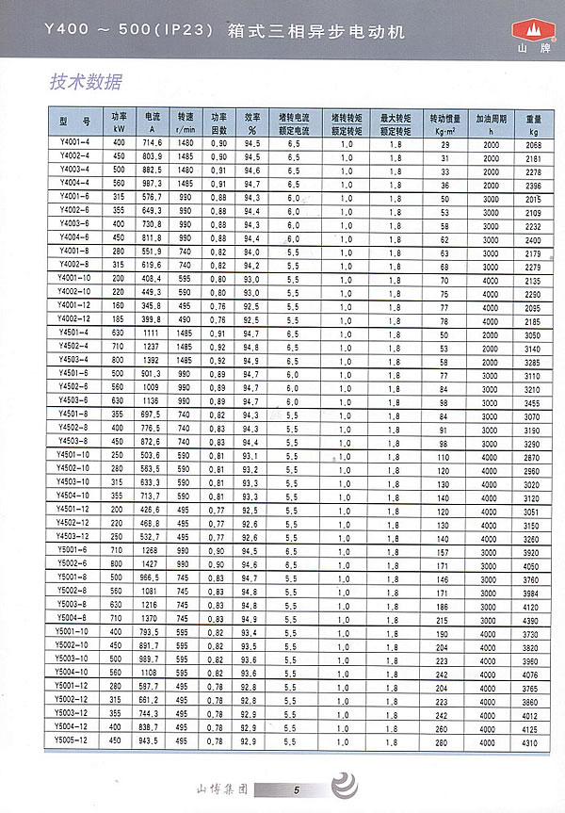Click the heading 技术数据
(x=86, y=82)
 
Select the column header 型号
(x=74, y=122)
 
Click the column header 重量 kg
(x=534, y=123)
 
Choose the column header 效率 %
(x=251, y=123)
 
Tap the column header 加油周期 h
(x=491, y=123)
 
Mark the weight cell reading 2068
(x=533, y=142)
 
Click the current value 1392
(x=152, y=361)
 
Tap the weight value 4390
(x=533, y=621)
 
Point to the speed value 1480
(x=186, y=142)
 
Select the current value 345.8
(x=152, y=307)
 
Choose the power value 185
(x=119, y=320)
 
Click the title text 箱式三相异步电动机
(x=315, y=31)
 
